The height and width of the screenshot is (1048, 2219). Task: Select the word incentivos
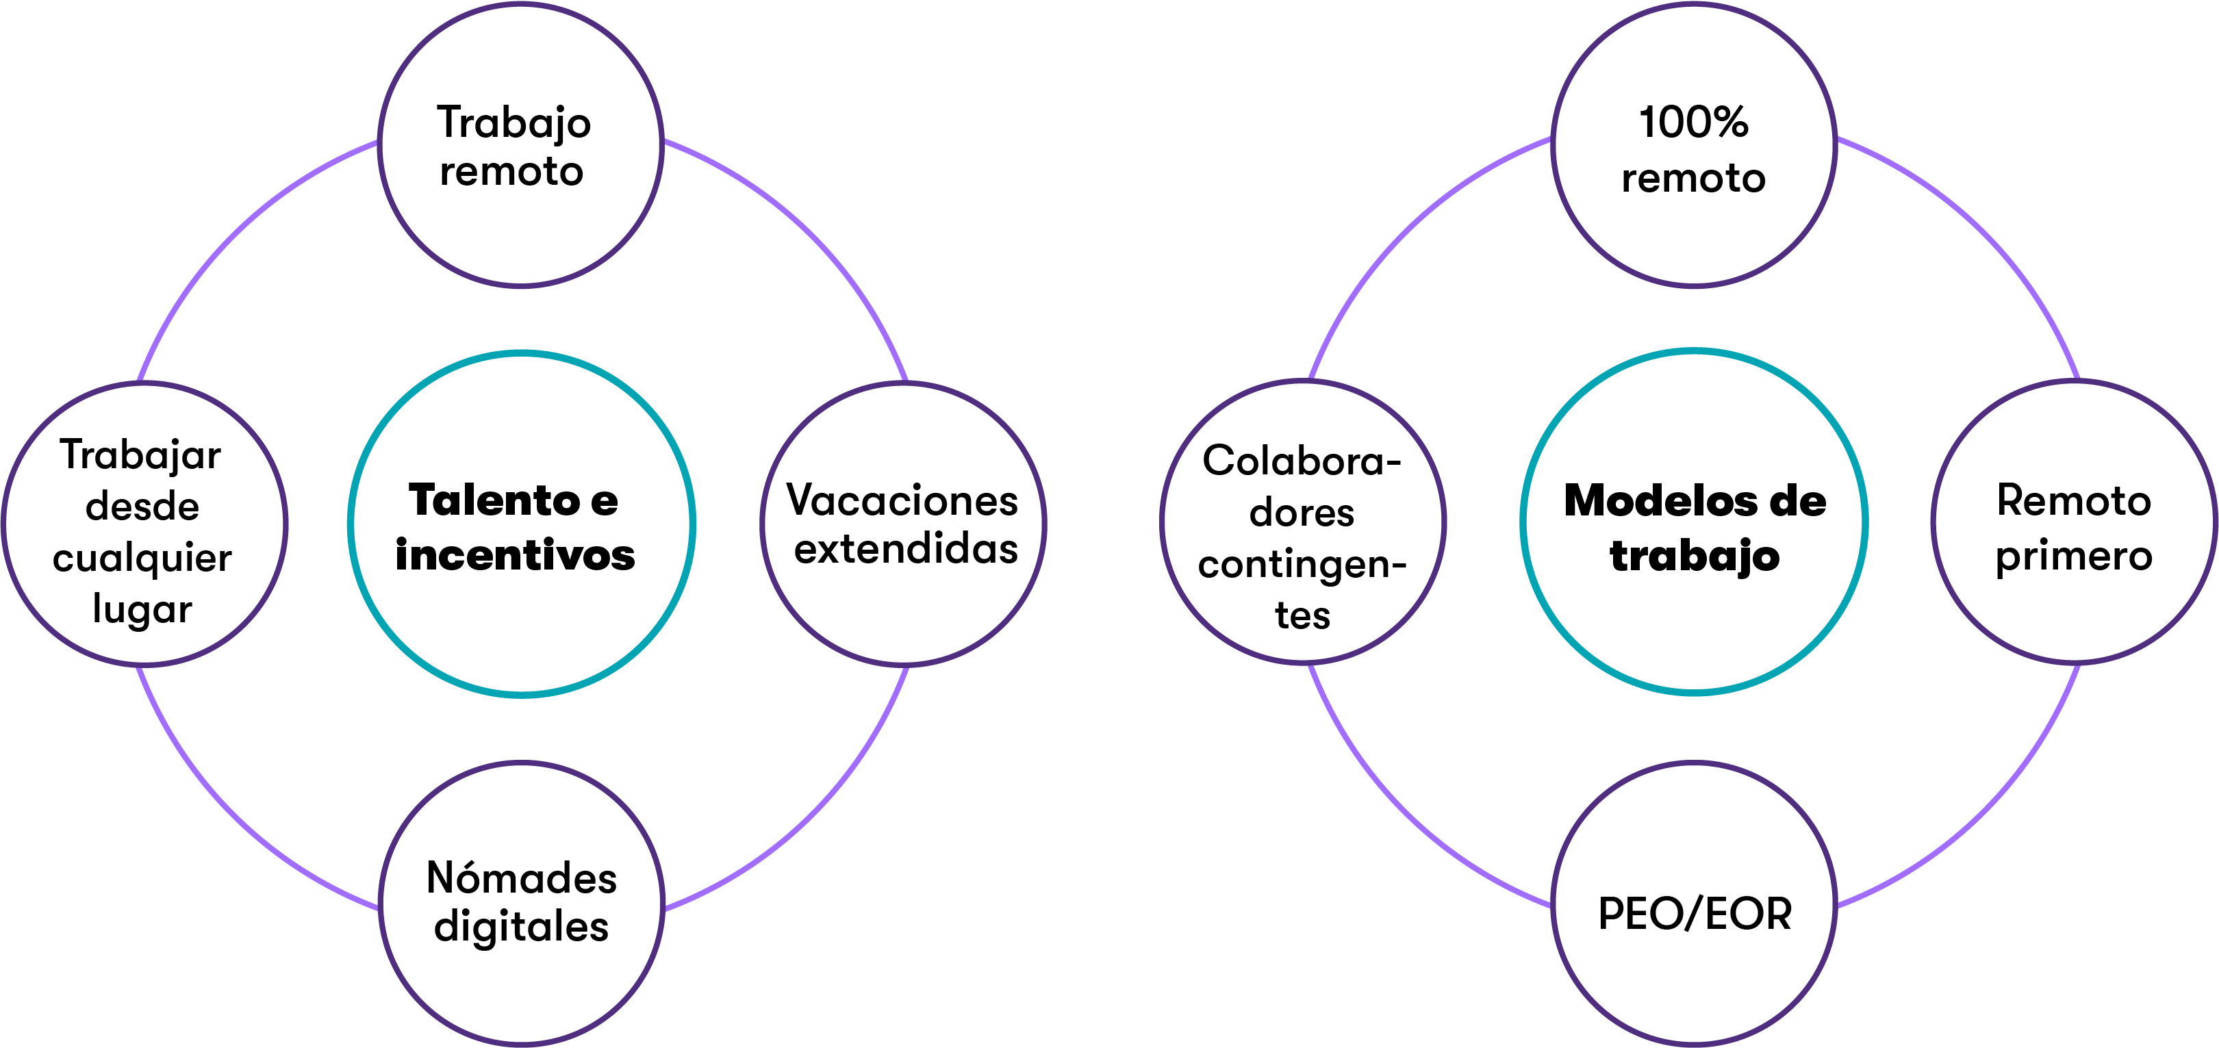point(515,555)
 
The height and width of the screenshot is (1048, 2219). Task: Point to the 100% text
point(1694,123)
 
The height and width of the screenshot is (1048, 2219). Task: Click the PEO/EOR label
point(1695,914)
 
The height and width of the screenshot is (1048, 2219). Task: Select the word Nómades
point(521,878)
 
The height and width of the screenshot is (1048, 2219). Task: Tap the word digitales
point(521,928)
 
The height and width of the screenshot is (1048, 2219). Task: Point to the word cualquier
point(142,558)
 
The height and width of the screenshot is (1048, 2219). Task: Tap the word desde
point(142,507)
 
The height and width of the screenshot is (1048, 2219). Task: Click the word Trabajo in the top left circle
point(513,123)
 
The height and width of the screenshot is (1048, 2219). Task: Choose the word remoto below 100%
point(1694,178)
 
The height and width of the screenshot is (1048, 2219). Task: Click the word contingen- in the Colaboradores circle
point(1302,565)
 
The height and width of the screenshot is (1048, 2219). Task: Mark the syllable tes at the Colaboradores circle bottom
point(1302,615)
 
